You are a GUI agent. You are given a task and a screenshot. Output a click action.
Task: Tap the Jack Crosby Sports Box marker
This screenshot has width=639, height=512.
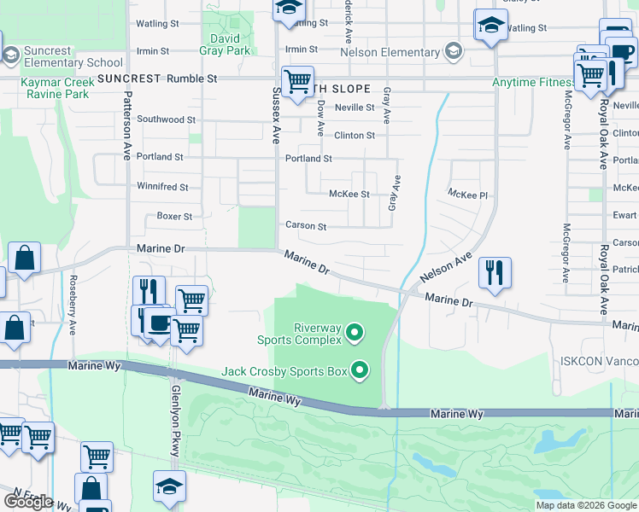tap(360, 369)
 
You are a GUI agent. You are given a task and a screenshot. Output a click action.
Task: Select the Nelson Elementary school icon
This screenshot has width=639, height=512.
tap(453, 52)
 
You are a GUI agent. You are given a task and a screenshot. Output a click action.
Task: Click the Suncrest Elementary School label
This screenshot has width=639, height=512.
tap(73, 56)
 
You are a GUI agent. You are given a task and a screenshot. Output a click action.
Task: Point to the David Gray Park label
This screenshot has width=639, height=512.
tap(226, 44)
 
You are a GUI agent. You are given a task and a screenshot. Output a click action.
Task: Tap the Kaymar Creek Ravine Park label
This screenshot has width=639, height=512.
tap(44, 86)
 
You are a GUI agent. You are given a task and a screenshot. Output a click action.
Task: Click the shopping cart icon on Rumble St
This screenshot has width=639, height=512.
tap(297, 83)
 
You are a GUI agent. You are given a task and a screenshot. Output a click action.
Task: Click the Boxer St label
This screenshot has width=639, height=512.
tap(174, 216)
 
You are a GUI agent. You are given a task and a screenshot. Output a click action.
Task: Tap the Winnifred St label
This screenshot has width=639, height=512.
tap(162, 186)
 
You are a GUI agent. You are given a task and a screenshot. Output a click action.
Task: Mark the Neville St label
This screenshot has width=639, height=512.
tap(355, 108)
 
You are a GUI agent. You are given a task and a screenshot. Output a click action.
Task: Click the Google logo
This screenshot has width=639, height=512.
tap(28, 502)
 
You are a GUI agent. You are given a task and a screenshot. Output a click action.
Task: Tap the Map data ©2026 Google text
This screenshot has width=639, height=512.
tap(585, 505)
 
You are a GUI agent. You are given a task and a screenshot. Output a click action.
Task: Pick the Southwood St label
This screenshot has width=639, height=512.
tap(166, 119)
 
